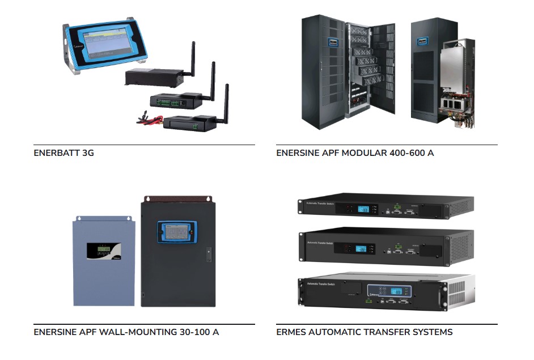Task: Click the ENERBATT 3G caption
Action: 63,153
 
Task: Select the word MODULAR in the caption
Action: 362,153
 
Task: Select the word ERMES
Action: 290,332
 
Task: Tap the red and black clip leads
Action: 146,119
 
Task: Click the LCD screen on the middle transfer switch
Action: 362,248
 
